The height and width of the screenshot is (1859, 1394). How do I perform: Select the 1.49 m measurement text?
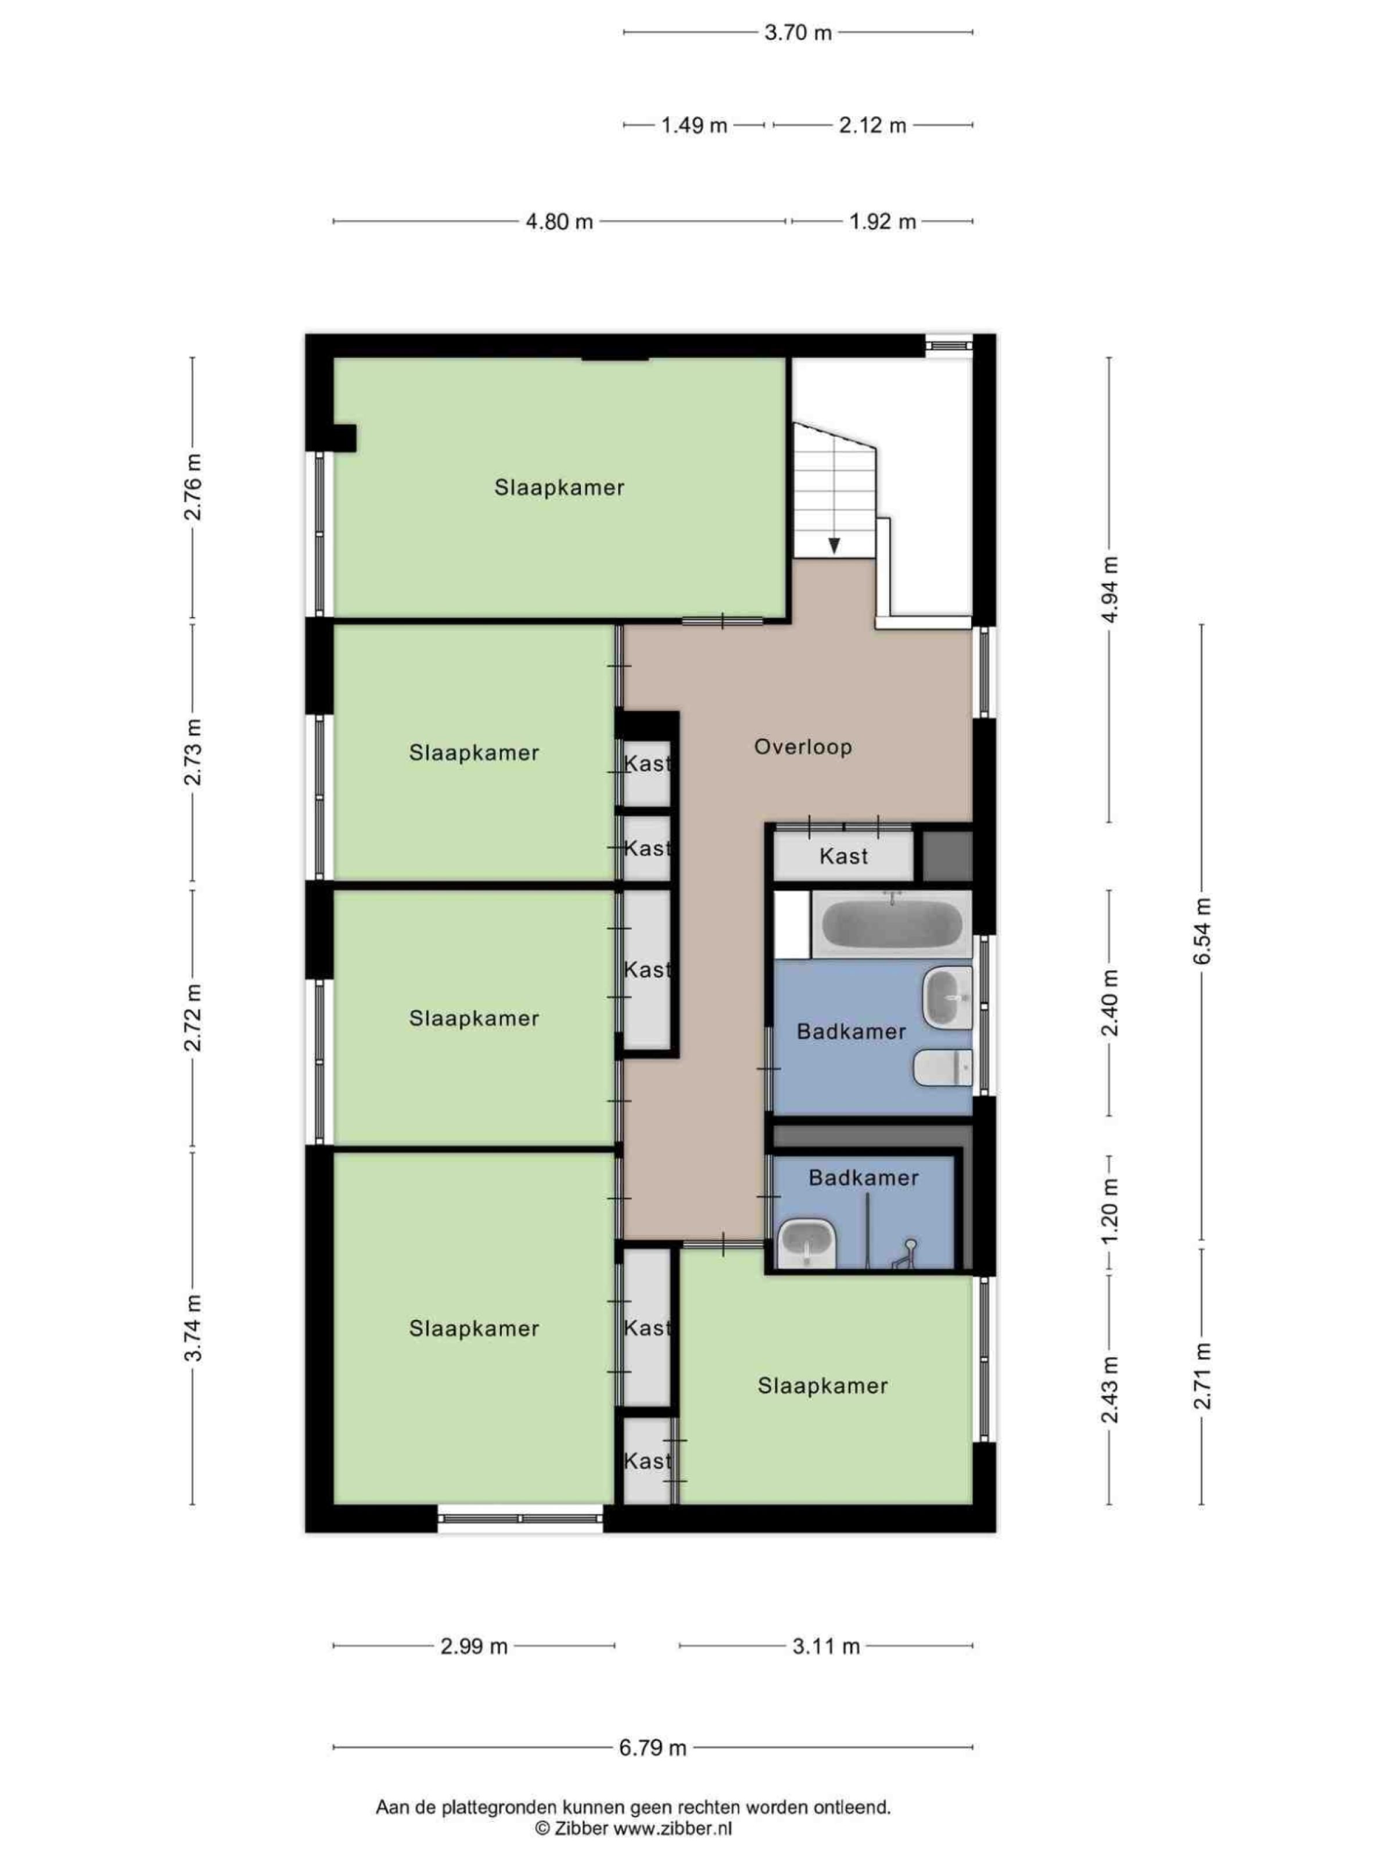(693, 125)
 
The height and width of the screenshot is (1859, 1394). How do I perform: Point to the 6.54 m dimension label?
(1203, 930)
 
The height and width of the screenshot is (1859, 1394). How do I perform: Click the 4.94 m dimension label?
(1110, 588)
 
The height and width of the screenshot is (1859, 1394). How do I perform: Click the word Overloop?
(803, 747)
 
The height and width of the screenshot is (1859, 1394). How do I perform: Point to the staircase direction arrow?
(833, 546)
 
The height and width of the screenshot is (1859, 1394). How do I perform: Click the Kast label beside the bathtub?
(843, 856)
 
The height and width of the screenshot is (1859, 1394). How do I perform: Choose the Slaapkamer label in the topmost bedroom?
(559, 487)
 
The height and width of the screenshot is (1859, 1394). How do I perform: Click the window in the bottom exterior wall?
(520, 1519)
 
